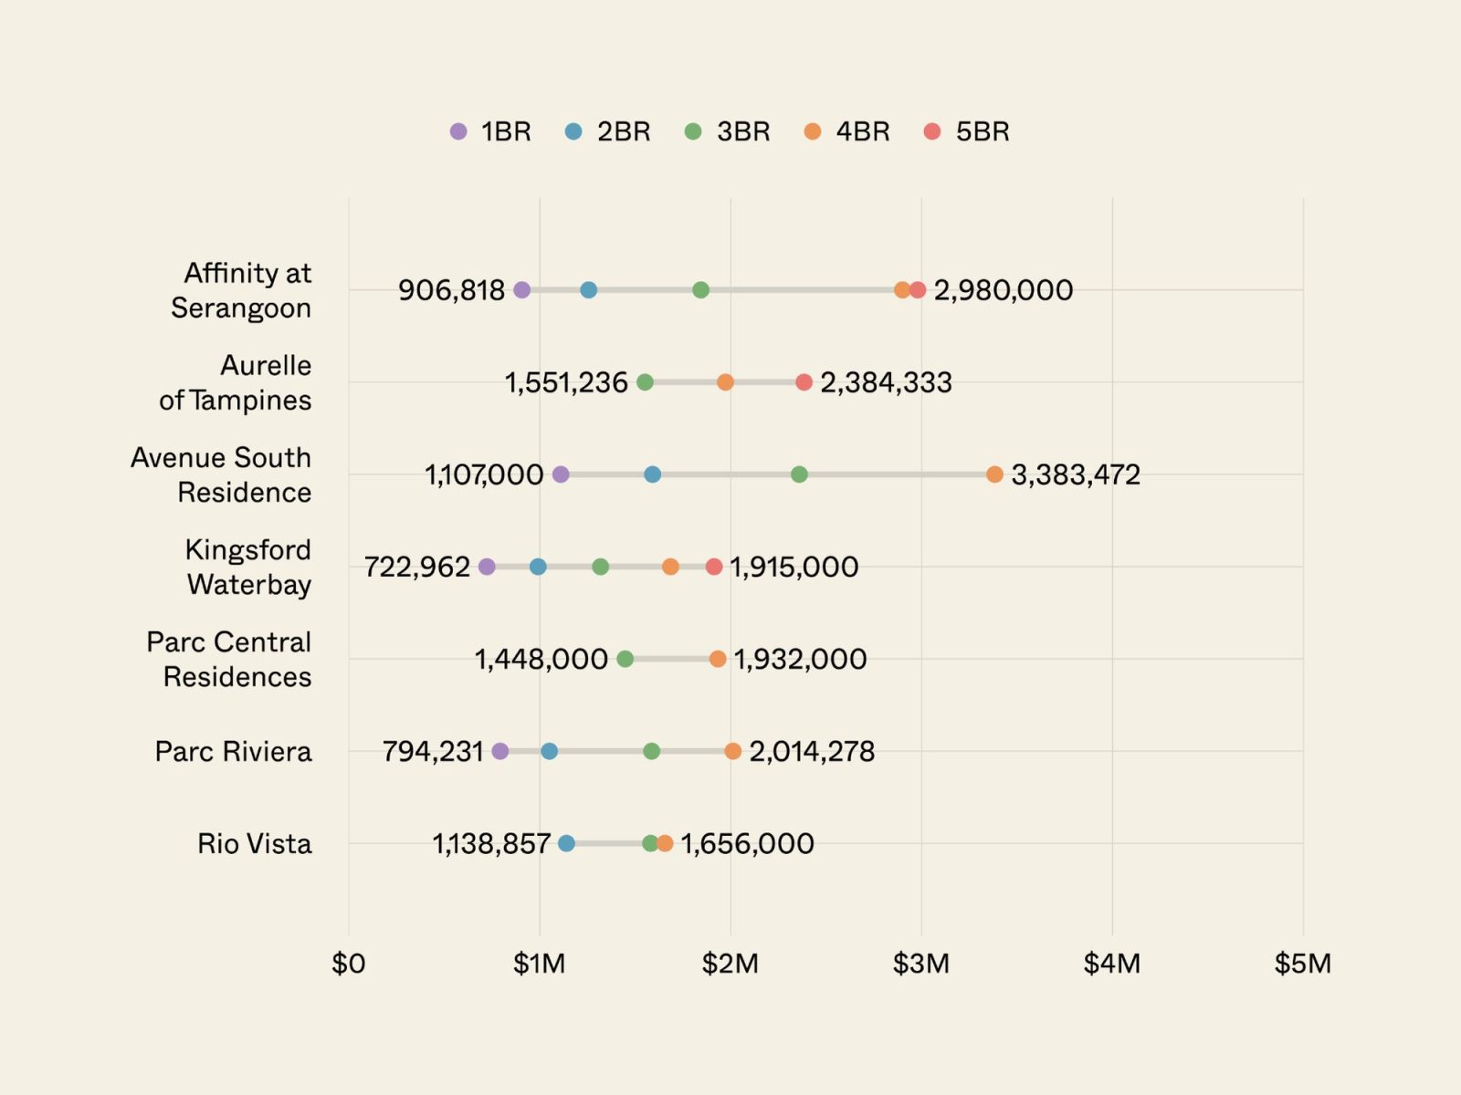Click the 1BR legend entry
490,131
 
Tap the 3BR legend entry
728,131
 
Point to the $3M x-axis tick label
920,964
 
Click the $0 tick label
348,964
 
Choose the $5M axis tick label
1302,964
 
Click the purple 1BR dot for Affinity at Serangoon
521,290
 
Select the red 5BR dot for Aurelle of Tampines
804,382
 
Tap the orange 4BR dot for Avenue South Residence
994,474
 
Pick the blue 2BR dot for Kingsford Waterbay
538,567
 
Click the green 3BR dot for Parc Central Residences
625,659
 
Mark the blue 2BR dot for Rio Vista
566,843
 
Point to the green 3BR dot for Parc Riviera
651,751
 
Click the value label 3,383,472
1075,474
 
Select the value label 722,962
416,567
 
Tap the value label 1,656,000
747,843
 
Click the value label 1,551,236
566,382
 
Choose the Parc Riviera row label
233,751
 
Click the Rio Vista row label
254,843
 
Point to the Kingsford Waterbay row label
248,567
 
